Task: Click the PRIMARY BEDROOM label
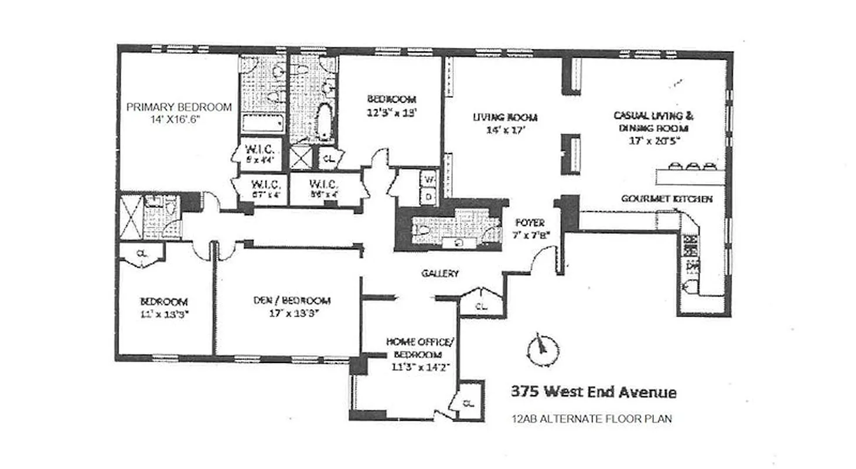[x=179, y=107]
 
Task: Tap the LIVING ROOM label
[x=505, y=117]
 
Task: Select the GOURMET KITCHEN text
[x=667, y=199]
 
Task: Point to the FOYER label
[x=530, y=223]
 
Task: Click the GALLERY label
[x=440, y=273]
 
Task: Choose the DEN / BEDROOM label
[x=292, y=301]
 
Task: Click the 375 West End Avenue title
[x=593, y=392]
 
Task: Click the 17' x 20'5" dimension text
[x=651, y=141]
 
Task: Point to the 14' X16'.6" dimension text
[x=179, y=119]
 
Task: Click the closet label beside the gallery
[x=481, y=305]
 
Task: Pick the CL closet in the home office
[x=469, y=403]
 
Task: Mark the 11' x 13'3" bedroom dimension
[x=164, y=314]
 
